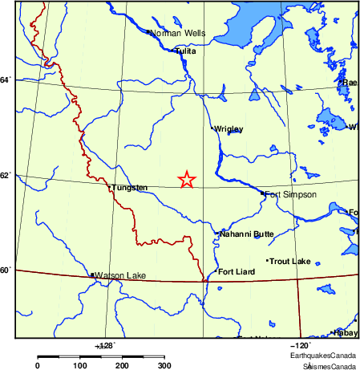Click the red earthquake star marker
click(x=186, y=180)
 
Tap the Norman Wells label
click(x=178, y=34)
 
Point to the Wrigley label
click(x=229, y=128)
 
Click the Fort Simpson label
click(x=290, y=194)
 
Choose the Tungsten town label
click(x=130, y=188)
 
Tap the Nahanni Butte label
click(x=246, y=234)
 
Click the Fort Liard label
click(x=237, y=272)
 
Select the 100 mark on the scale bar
click(x=80, y=365)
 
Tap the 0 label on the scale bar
click(x=38, y=365)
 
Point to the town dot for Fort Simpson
click(x=262, y=193)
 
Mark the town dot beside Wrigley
click(x=212, y=128)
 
